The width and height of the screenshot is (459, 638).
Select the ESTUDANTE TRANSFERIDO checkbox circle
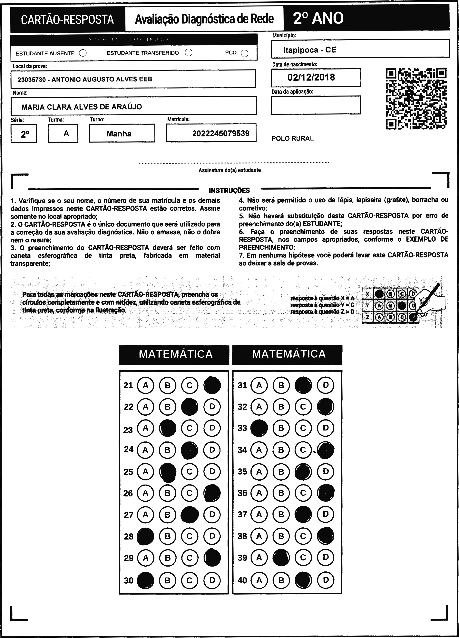[x=189, y=53]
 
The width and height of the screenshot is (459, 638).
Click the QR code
[x=416, y=98]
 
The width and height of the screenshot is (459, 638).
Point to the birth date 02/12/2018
[x=311, y=77]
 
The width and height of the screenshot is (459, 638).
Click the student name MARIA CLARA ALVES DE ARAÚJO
[x=82, y=107]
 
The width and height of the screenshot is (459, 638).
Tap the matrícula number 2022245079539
[x=221, y=133]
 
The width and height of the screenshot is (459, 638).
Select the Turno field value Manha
[x=119, y=134]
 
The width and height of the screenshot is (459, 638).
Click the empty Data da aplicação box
[x=316, y=105]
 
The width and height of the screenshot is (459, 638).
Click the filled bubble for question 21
[x=212, y=385]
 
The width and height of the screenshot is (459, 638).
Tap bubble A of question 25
[x=145, y=471]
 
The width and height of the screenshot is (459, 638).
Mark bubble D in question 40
[x=326, y=580]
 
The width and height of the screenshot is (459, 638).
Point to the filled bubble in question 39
[x=281, y=558]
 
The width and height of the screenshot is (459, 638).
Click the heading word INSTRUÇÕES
[x=229, y=191]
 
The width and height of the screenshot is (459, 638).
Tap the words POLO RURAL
[x=293, y=138]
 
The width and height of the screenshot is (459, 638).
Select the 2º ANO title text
[x=318, y=19]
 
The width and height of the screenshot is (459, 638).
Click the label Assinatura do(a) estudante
[x=229, y=170]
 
